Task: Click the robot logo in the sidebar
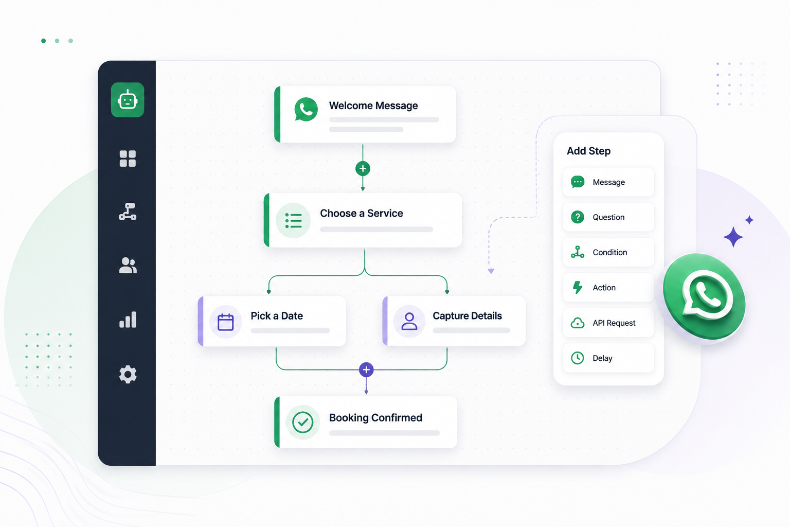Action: click(x=128, y=100)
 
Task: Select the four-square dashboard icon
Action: click(x=128, y=159)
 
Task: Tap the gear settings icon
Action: click(x=128, y=374)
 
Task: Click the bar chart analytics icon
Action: click(x=128, y=320)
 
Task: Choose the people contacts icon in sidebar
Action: click(x=128, y=266)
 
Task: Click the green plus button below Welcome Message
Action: click(x=363, y=169)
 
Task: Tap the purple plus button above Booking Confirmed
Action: click(x=366, y=370)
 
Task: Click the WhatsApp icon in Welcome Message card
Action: click(x=306, y=110)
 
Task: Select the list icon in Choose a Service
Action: click(x=293, y=221)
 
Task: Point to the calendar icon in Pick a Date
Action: click(x=225, y=322)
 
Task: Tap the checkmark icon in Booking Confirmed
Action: click(x=302, y=422)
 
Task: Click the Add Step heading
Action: click(x=588, y=151)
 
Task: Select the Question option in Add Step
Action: click(x=608, y=217)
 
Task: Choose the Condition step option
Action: click(x=608, y=252)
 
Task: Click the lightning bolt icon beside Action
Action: click(x=578, y=287)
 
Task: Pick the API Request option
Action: click(x=608, y=323)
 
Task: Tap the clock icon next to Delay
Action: click(x=578, y=358)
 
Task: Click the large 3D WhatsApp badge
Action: click(x=704, y=297)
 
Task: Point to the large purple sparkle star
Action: click(x=733, y=237)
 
